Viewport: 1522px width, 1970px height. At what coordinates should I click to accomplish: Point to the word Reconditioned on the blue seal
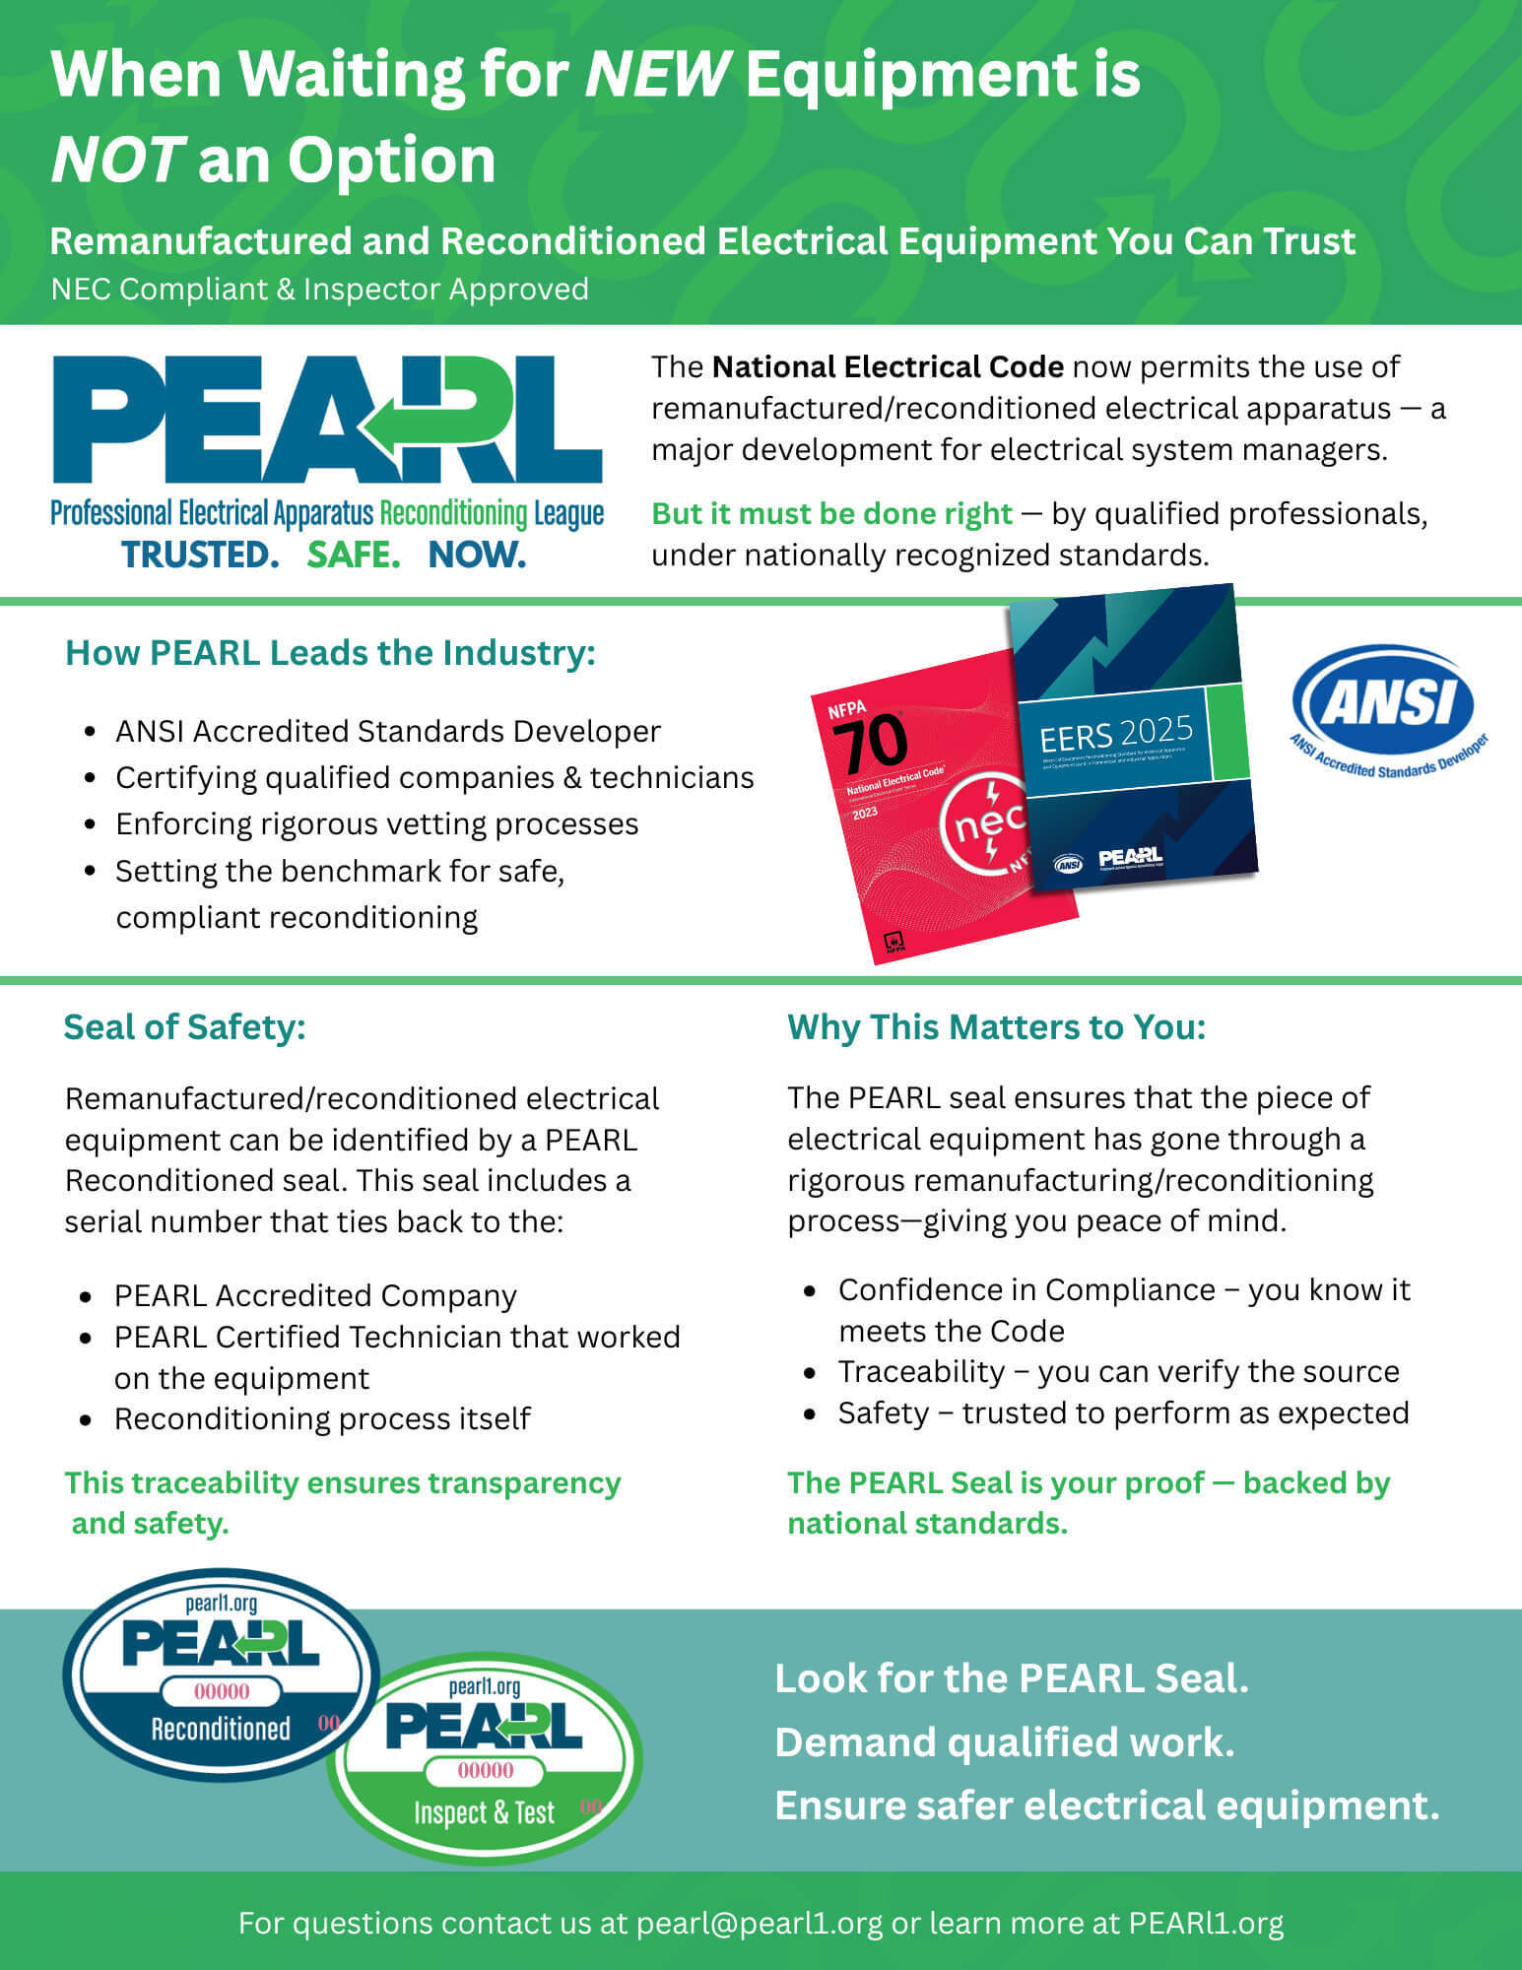tap(221, 1729)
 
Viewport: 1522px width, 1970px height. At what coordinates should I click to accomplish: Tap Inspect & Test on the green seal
tap(484, 1812)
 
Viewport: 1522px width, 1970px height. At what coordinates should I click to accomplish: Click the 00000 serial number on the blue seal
tap(222, 1692)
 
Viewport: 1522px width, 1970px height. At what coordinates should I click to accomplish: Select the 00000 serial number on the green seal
tap(485, 1770)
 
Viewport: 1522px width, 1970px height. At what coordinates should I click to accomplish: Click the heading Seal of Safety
tap(184, 1026)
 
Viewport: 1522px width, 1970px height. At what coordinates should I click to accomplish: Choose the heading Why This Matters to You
tap(996, 1026)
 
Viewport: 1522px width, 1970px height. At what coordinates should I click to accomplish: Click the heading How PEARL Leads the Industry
tap(330, 652)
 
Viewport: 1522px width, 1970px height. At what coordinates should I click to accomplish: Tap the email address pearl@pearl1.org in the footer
tap(759, 1923)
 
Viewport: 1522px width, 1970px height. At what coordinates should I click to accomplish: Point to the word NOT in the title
tap(116, 160)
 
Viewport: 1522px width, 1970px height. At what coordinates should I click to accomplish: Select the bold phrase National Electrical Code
tap(887, 366)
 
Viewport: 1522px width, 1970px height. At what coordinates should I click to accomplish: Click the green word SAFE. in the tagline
tap(353, 555)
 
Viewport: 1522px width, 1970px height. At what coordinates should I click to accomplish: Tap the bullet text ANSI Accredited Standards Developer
tap(387, 731)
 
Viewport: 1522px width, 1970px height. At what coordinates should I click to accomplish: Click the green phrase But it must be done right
tap(831, 513)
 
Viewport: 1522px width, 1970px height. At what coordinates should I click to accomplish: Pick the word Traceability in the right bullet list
tap(921, 1371)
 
